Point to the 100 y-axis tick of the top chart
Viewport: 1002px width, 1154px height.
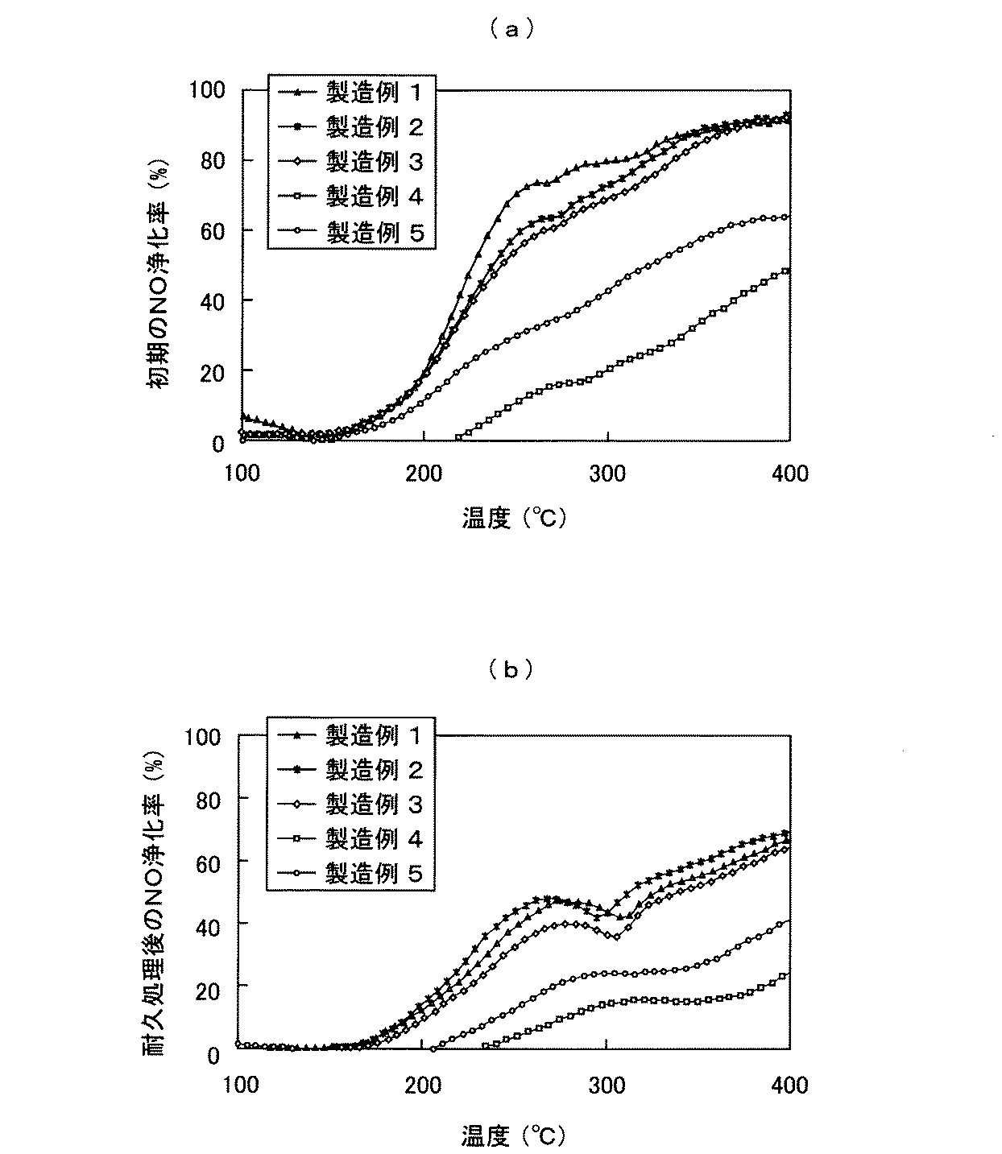(x=206, y=89)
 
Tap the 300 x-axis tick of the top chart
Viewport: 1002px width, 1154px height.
(x=607, y=473)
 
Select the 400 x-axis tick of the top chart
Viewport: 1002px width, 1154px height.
(x=789, y=473)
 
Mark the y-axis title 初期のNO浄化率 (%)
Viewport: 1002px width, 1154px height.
(x=159, y=274)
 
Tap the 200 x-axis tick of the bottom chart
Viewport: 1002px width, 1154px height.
(x=424, y=1085)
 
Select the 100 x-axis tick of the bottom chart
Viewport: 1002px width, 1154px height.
(x=240, y=1085)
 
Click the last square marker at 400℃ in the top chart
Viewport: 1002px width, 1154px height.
(x=786, y=271)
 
